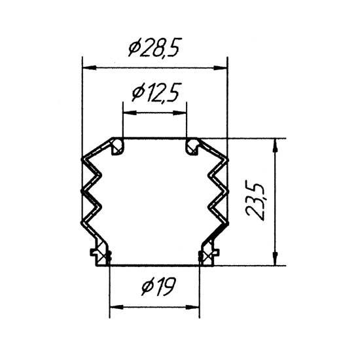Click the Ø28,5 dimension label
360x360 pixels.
click(154, 47)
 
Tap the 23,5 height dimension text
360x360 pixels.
click(255, 202)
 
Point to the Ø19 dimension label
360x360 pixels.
click(159, 286)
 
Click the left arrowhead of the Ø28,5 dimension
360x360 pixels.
click(89, 67)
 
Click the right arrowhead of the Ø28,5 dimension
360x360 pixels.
click(220, 67)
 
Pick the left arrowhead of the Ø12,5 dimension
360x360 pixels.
click(130, 113)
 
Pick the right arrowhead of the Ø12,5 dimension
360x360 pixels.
click(179, 113)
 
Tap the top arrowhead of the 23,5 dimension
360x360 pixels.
click(276, 145)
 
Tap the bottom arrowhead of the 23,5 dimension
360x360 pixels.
click(276, 259)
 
